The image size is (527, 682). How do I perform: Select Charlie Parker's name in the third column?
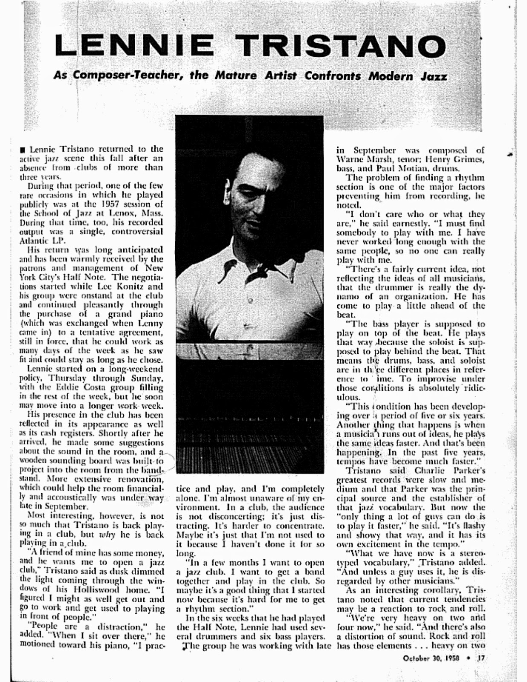435,471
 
